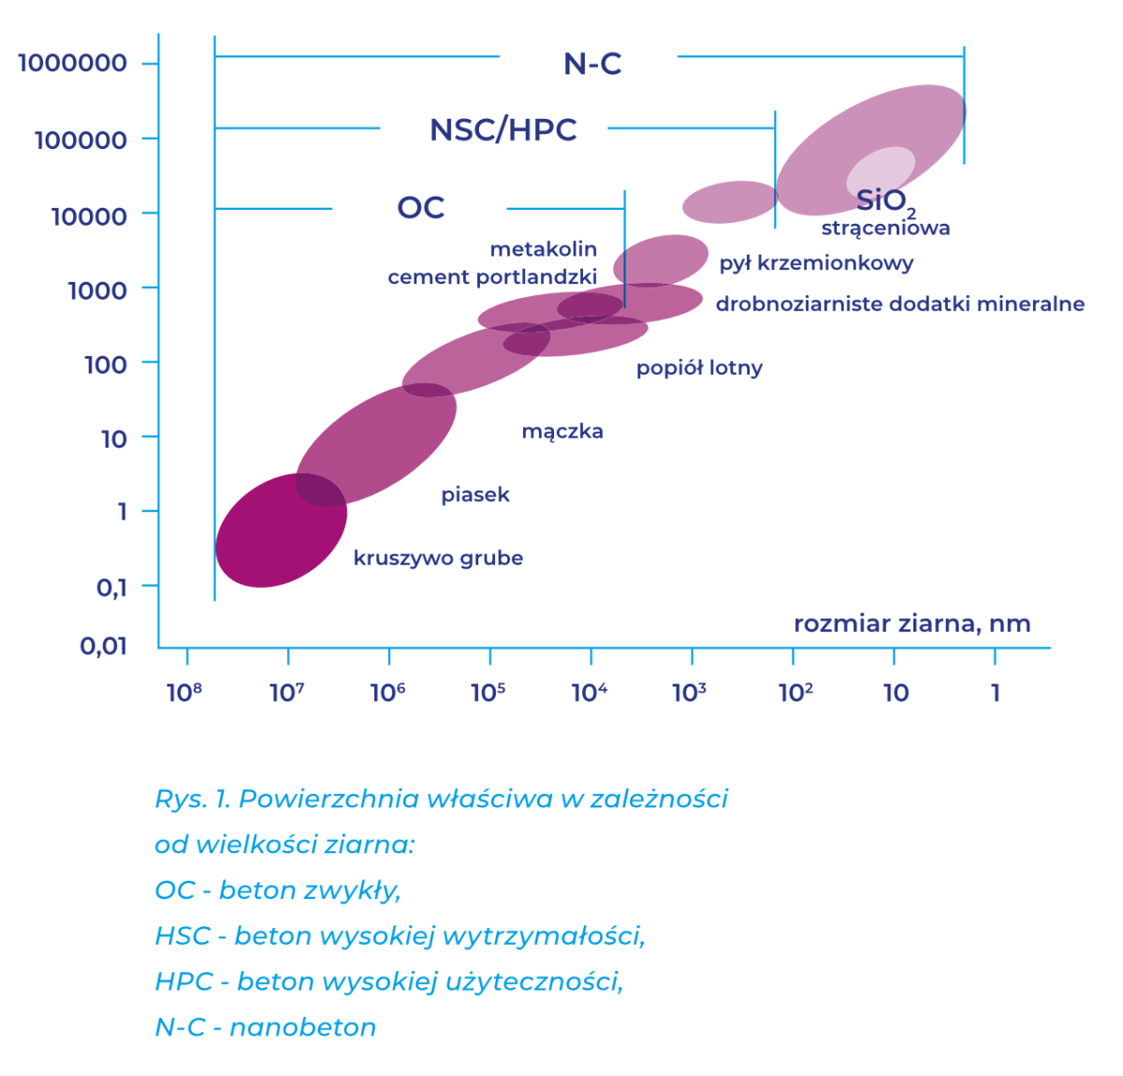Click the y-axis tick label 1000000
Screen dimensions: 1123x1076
click(73, 63)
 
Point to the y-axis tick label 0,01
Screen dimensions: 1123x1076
click(103, 646)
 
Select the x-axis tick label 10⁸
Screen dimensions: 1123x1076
click(184, 692)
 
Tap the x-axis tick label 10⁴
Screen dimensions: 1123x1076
click(590, 692)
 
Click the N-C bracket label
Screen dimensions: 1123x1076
click(592, 64)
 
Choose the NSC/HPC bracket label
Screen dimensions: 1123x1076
click(503, 129)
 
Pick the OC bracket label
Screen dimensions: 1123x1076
click(421, 207)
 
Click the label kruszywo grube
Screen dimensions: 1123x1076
click(438, 558)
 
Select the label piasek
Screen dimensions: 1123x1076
click(475, 494)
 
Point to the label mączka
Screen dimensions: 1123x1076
click(562, 432)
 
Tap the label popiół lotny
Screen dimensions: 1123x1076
click(699, 368)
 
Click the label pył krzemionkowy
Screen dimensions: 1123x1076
click(817, 263)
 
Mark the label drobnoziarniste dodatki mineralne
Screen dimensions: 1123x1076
click(900, 303)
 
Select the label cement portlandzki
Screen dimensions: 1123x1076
click(492, 277)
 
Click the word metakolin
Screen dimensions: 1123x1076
click(544, 249)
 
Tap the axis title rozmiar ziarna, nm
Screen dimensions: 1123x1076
click(912, 624)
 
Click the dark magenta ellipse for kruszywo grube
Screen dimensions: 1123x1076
click(281, 530)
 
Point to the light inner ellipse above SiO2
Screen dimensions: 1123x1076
click(881, 171)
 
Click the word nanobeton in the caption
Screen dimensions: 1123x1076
click(303, 1027)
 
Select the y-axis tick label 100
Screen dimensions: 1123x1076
click(106, 365)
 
